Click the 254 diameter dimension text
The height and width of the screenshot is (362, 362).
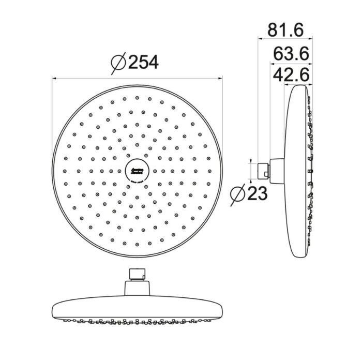[143, 63]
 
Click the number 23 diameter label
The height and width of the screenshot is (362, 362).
[257, 194]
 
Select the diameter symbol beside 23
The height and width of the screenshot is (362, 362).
[238, 194]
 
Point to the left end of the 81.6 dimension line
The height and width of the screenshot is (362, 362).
[258, 38]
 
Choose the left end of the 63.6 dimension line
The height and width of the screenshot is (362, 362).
[269, 61]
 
